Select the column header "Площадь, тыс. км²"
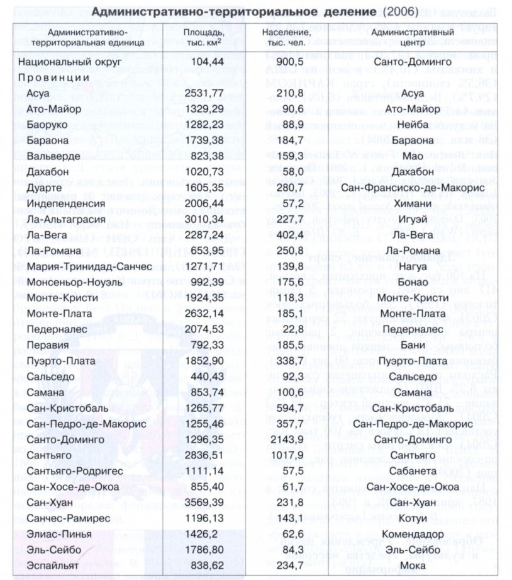pyautogui.click(x=202, y=37)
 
